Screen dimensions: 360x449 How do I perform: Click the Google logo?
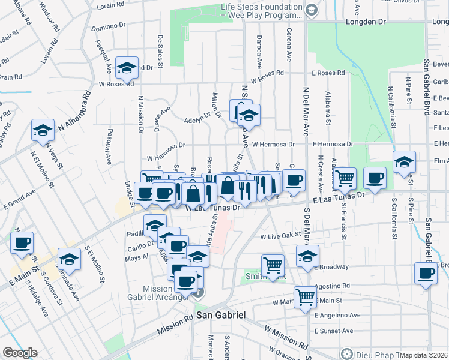point(20,353)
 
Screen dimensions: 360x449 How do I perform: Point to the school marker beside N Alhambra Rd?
point(43,130)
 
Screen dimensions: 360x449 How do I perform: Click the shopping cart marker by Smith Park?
point(273,265)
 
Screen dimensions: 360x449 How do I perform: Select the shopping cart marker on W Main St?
point(305,296)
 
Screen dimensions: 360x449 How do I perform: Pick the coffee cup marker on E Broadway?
point(426,273)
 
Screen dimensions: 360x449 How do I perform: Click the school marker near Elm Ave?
point(405,161)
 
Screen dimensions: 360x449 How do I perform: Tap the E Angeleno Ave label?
point(337,314)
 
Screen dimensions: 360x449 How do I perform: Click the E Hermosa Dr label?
point(332,145)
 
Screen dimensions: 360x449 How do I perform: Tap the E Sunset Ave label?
point(334,331)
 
